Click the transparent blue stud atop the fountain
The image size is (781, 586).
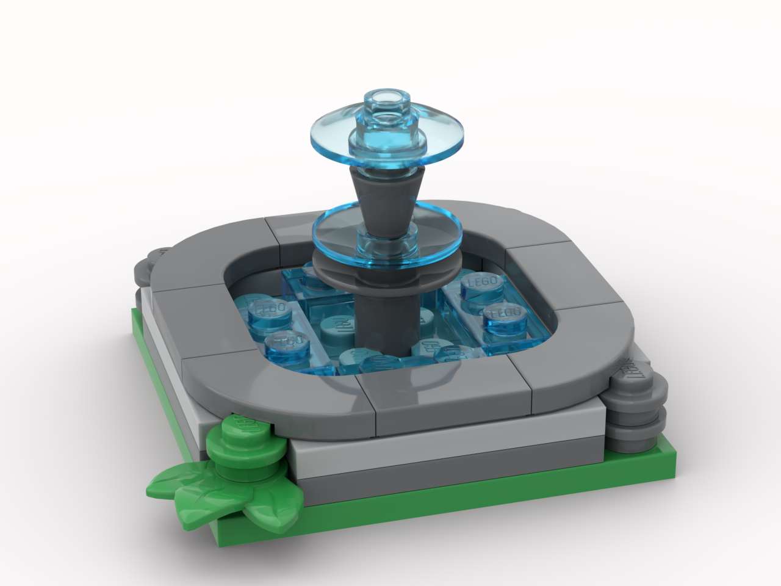[x=385, y=101]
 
